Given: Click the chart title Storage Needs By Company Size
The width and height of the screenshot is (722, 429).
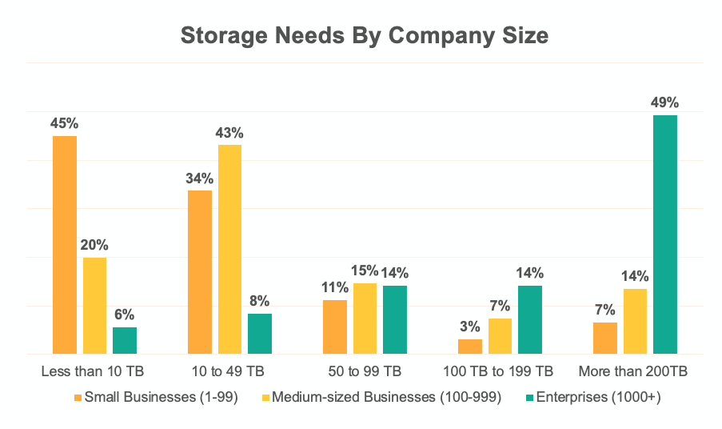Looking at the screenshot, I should (x=365, y=36).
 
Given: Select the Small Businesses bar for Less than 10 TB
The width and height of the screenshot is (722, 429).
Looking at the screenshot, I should (x=65, y=245).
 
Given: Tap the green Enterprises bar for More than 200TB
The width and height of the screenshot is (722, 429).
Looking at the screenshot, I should (x=665, y=235).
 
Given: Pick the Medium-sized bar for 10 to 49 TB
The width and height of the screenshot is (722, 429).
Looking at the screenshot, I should (x=229, y=249).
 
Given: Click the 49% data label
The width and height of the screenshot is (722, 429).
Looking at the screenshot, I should (x=665, y=102).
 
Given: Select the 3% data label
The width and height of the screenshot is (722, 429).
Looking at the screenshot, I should (x=470, y=327).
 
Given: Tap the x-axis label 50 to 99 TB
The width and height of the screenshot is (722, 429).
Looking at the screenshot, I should (x=365, y=372).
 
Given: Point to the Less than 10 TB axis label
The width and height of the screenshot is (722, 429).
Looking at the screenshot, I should (x=94, y=372).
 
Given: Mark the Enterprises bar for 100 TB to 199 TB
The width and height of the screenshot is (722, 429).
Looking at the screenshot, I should (x=530, y=319).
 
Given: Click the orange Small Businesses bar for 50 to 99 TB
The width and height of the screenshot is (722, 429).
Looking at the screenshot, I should (x=335, y=327).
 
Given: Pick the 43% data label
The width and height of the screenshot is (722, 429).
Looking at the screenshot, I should (x=229, y=132).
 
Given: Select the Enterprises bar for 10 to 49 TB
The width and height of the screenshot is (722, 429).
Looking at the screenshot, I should (x=260, y=334).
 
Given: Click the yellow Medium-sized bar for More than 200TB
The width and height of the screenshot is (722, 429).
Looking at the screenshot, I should (x=635, y=321).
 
